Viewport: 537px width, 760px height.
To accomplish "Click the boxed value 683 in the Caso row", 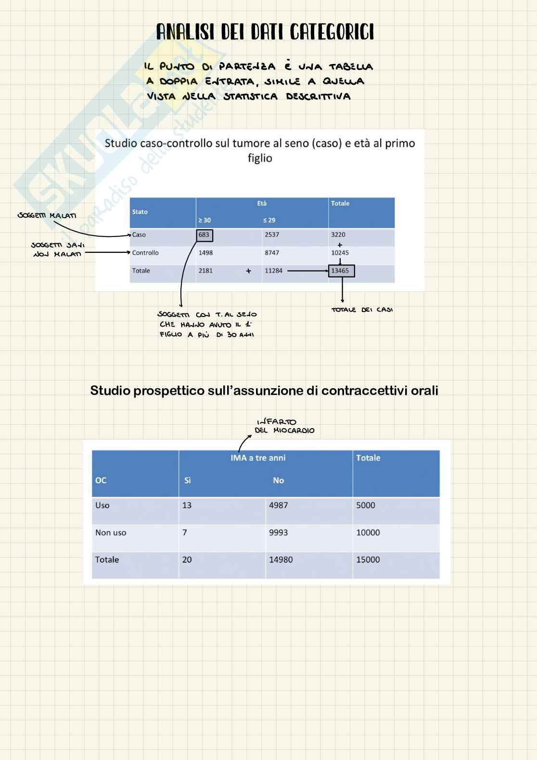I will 204,235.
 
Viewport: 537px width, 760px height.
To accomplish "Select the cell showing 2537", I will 271,235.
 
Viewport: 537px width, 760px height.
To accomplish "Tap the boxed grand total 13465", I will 341,271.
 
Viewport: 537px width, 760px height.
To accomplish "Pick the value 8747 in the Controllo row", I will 271,253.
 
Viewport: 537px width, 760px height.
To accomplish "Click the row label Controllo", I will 145,253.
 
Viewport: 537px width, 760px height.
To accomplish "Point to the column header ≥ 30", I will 205,220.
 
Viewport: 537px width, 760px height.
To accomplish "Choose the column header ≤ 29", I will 269,220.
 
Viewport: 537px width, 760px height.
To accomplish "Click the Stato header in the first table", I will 140,212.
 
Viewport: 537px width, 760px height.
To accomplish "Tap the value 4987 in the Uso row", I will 278,505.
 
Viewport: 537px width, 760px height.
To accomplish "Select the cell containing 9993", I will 278,533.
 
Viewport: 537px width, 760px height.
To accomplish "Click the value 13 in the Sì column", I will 187,505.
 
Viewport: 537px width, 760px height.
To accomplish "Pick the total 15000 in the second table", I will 368,560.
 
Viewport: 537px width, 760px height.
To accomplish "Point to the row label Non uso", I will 111,533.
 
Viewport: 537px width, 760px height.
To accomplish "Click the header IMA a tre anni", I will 258,458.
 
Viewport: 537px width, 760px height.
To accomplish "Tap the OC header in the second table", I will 101,480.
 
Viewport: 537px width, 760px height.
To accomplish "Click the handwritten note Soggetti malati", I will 47,215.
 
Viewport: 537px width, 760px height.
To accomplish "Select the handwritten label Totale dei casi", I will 362,310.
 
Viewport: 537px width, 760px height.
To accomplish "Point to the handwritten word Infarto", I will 277,422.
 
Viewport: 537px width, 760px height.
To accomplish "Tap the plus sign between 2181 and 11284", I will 248,271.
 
